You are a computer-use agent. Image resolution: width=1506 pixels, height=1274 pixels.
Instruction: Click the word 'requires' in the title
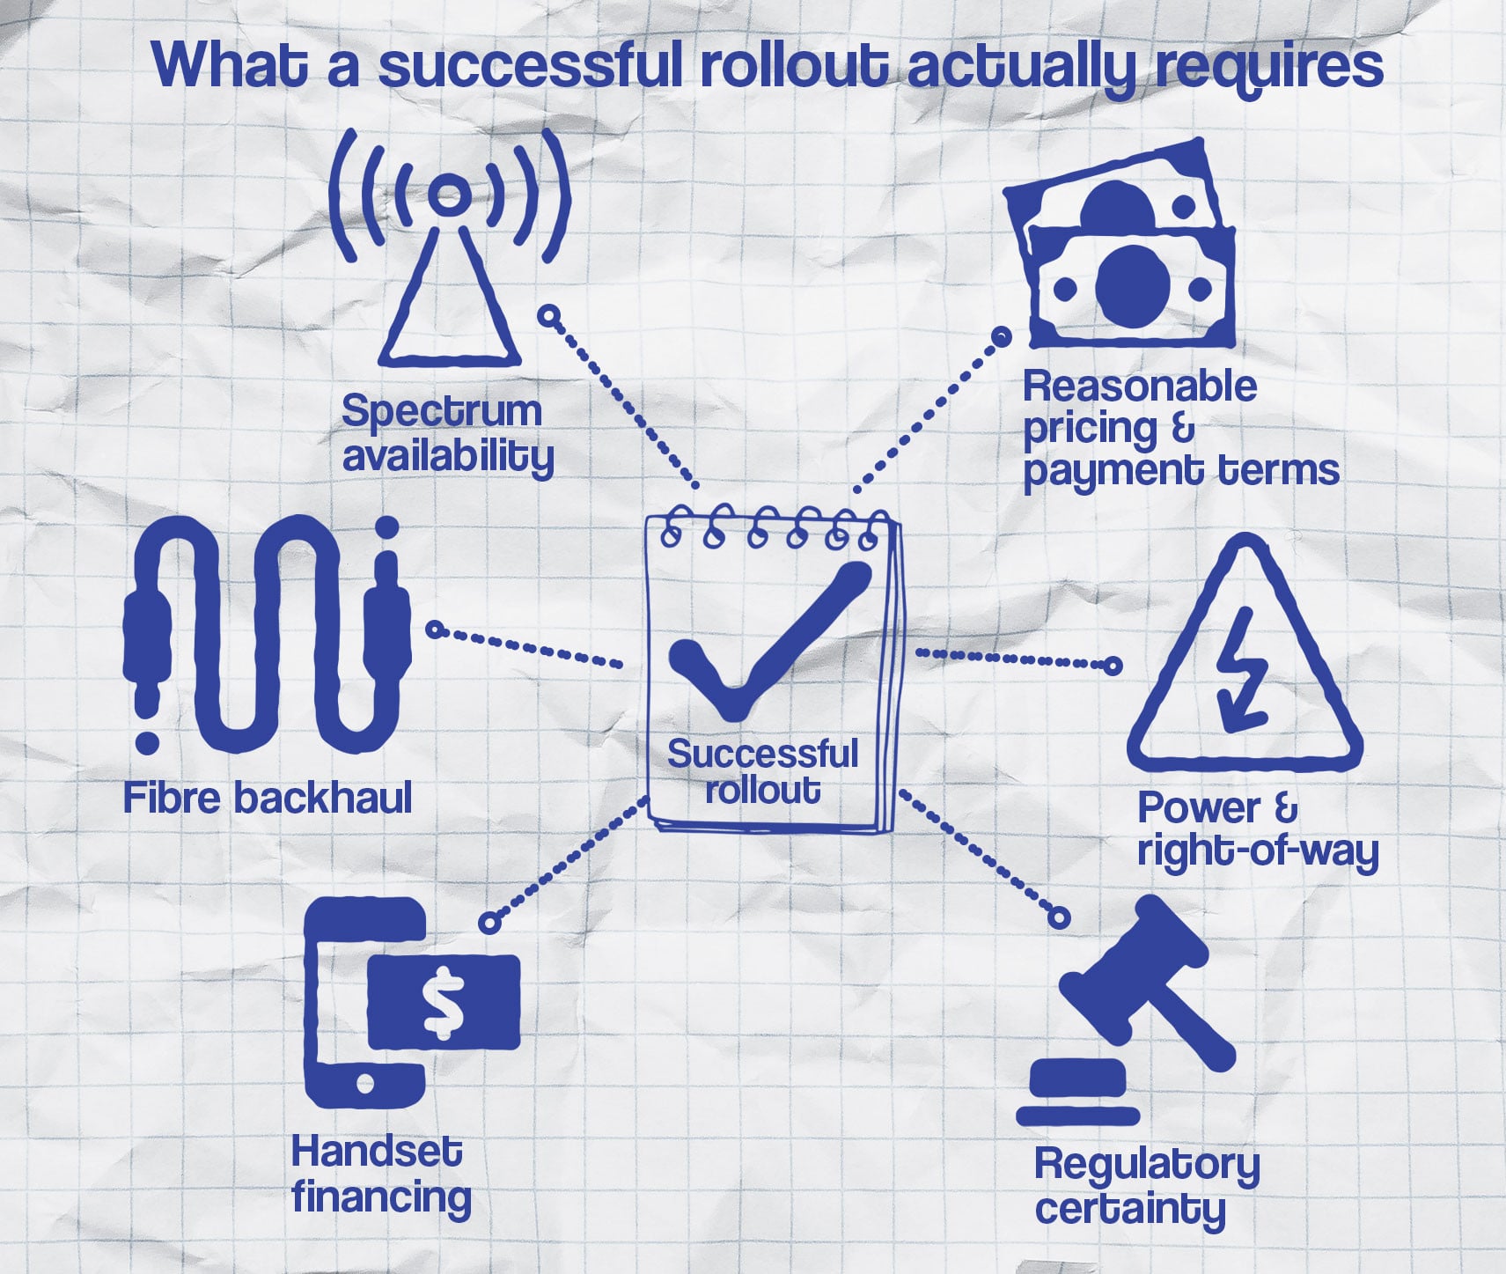tap(1268, 67)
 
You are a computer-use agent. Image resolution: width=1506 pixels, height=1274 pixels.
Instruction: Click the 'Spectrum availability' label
tap(447, 434)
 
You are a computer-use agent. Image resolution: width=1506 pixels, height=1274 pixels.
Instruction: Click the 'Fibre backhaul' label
tap(268, 799)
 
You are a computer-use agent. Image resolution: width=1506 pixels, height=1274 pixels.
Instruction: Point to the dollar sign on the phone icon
tap(442, 1001)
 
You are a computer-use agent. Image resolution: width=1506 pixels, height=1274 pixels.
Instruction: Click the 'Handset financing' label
tap(380, 1175)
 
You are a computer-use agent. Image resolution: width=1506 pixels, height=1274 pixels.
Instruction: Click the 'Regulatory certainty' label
tap(1146, 1186)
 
